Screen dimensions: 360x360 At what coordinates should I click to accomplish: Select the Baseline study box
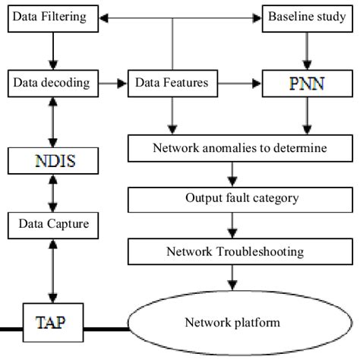tap(304, 17)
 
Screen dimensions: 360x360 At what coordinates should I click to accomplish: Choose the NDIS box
tap(52, 161)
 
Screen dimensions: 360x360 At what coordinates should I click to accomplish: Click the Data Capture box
tap(52, 224)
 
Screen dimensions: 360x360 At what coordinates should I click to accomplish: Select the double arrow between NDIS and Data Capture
tap(52, 193)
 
